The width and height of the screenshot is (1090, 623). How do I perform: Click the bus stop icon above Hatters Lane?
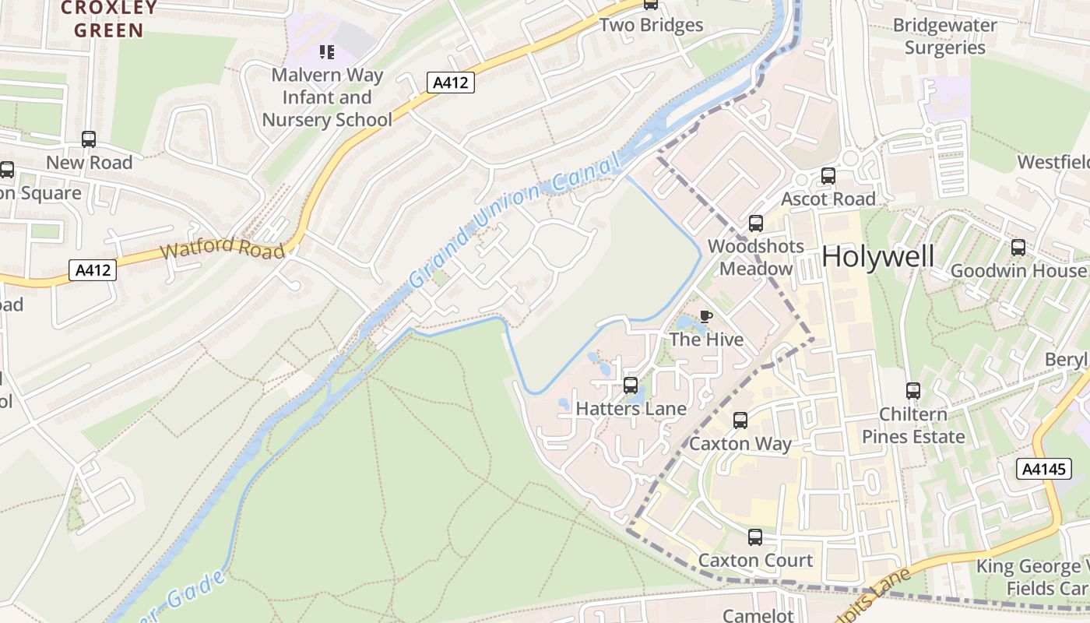click(631, 385)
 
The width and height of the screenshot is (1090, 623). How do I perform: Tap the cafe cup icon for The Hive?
click(705, 316)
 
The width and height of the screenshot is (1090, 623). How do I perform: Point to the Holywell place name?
click(877, 256)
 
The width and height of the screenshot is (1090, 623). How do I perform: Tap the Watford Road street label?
click(222, 249)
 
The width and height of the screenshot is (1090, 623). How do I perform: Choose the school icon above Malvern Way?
click(327, 52)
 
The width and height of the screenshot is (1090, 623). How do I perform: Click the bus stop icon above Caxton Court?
click(754, 537)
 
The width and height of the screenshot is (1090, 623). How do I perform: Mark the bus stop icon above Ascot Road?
click(828, 176)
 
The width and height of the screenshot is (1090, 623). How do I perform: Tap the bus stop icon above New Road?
click(89, 139)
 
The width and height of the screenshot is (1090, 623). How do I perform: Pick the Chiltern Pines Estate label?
click(912, 425)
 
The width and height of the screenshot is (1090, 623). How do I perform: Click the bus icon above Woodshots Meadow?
click(755, 224)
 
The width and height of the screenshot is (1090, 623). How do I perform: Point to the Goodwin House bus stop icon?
click(1018, 248)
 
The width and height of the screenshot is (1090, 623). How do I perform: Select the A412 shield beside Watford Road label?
click(93, 270)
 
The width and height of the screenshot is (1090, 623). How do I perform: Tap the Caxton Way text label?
click(740, 444)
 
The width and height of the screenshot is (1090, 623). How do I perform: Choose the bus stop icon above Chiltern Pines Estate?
click(912, 390)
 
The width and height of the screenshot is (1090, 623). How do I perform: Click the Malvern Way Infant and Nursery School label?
click(327, 97)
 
